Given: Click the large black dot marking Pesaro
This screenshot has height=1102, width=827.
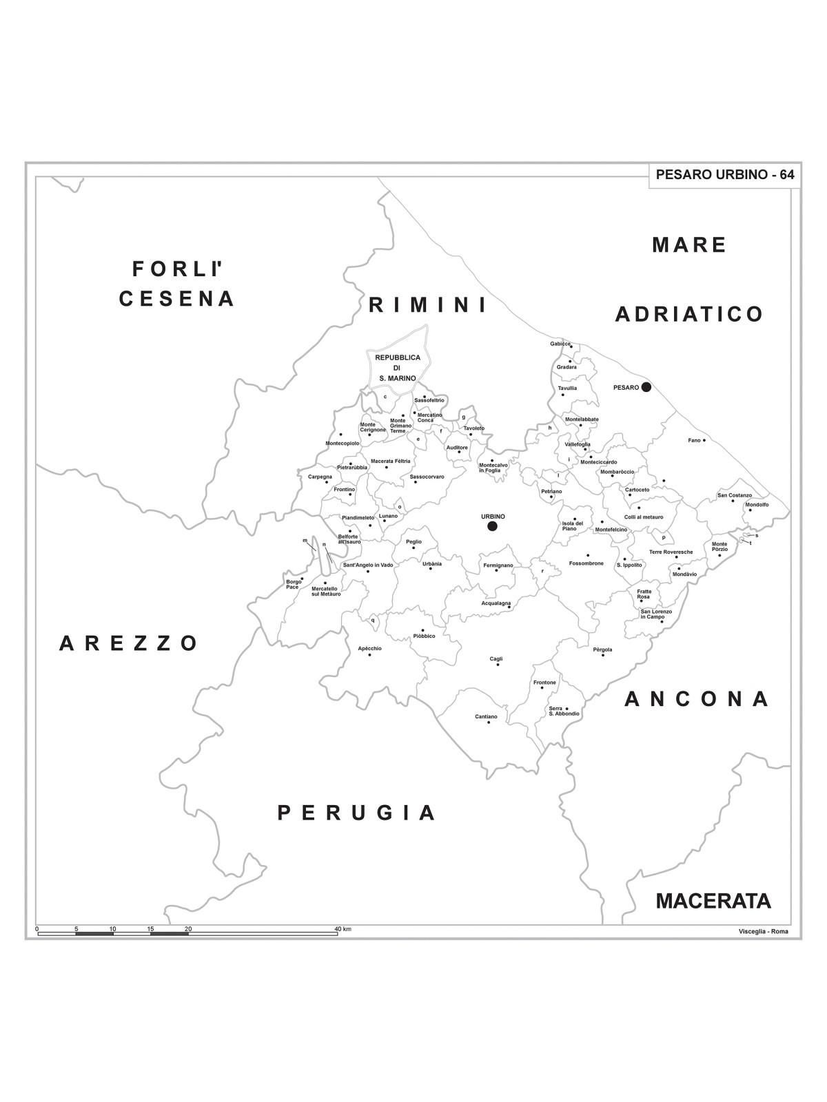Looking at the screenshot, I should point(646,387).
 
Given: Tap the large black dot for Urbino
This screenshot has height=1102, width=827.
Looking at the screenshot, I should point(492,526).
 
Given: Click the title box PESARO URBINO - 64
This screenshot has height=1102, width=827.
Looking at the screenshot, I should point(725,175).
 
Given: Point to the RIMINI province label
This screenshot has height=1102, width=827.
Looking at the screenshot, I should point(428,305).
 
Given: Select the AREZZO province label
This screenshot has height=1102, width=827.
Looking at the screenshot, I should point(129,643).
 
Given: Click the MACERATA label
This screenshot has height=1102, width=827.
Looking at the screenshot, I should point(713,901).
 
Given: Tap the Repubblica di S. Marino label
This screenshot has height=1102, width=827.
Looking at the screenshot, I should point(397,368).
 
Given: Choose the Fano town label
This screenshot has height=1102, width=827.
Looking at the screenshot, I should point(694,440).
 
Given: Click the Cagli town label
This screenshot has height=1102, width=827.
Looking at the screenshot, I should point(496,659).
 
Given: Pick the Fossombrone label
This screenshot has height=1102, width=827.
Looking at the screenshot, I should point(586,563).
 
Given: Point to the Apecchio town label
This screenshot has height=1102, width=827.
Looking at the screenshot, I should point(369,648).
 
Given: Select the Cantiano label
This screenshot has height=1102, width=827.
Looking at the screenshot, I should point(486,717).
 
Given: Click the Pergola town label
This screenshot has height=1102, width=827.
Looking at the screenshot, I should point(602,649).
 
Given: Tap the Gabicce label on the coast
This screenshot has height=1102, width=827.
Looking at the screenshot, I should point(560,344).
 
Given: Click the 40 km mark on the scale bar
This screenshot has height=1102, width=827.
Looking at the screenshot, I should point(343,929).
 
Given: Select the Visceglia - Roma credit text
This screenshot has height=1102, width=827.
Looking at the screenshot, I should point(763,932).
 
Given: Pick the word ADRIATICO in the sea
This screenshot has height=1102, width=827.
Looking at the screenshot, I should point(689,315).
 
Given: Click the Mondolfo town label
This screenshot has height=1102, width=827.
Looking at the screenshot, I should point(757,505).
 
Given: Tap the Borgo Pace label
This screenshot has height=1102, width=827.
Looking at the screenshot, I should point(294,584).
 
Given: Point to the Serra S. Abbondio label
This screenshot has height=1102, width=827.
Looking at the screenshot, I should point(564,711).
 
